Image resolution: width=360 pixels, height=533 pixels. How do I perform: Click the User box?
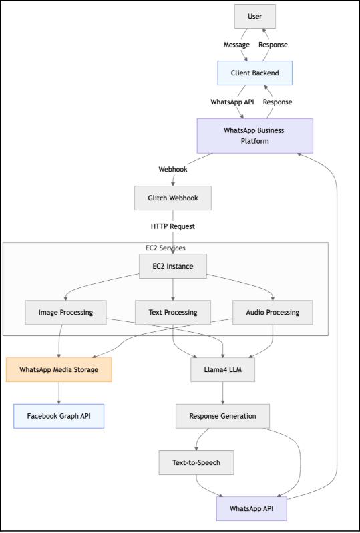(254, 16)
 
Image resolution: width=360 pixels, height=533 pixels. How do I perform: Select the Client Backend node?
(254, 73)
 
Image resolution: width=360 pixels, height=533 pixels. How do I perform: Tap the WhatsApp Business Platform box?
(254, 135)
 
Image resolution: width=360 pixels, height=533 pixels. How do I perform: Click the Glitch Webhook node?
(173, 198)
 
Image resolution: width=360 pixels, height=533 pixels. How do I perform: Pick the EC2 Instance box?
(173, 266)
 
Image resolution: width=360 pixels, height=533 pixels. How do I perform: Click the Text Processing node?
(173, 312)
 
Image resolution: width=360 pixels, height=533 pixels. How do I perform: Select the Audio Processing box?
(274, 312)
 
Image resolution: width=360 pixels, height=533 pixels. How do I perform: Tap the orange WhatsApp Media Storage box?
(59, 369)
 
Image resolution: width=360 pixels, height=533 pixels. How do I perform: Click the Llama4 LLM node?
(222, 369)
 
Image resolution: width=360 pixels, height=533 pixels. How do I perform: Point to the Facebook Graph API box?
(59, 415)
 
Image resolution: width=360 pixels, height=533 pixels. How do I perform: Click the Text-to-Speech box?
(196, 462)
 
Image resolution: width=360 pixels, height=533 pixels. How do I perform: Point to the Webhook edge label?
(173, 169)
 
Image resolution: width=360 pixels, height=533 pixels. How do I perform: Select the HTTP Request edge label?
(173, 226)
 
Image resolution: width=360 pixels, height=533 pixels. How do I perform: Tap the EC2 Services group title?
(165, 248)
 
